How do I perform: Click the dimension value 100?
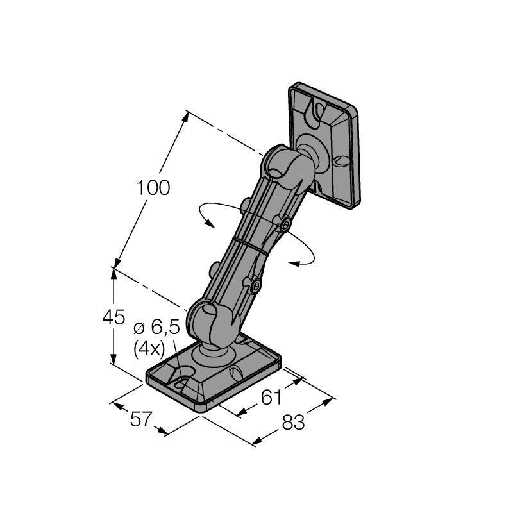153,187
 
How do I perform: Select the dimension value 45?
114,317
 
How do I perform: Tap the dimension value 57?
141,419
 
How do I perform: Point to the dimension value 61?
271,397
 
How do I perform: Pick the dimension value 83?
293,422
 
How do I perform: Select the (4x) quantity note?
149,349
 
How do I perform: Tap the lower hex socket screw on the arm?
255,287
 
